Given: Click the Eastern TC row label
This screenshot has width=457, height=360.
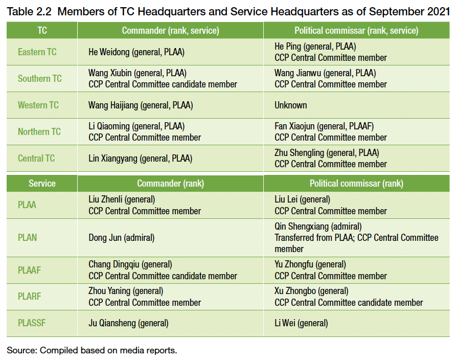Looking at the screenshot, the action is (37, 52).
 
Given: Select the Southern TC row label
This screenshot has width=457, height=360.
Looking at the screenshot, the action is (40, 78).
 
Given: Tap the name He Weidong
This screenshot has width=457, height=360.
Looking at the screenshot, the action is (109, 52).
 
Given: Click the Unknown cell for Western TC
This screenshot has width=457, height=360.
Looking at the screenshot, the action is (290, 105).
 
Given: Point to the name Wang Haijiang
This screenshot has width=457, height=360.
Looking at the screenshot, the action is (113, 105).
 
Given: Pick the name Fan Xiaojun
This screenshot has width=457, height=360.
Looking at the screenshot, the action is (294, 126).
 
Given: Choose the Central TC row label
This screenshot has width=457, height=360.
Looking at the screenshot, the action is (36, 159).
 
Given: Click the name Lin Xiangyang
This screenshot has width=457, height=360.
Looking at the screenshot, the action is (113, 159).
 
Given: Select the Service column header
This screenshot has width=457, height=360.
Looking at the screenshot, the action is (42, 184).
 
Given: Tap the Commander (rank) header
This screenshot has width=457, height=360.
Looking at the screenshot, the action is (171, 184).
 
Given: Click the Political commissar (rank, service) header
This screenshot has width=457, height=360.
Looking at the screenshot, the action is (356, 30).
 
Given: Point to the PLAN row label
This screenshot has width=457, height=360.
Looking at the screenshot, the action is (28, 238).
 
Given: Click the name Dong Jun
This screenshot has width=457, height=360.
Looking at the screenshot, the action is (105, 238).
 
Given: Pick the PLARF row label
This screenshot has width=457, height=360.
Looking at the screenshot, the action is (30, 296).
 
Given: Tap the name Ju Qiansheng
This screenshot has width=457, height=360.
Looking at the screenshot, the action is (112, 323).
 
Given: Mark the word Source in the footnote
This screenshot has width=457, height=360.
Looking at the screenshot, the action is (21, 350).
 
